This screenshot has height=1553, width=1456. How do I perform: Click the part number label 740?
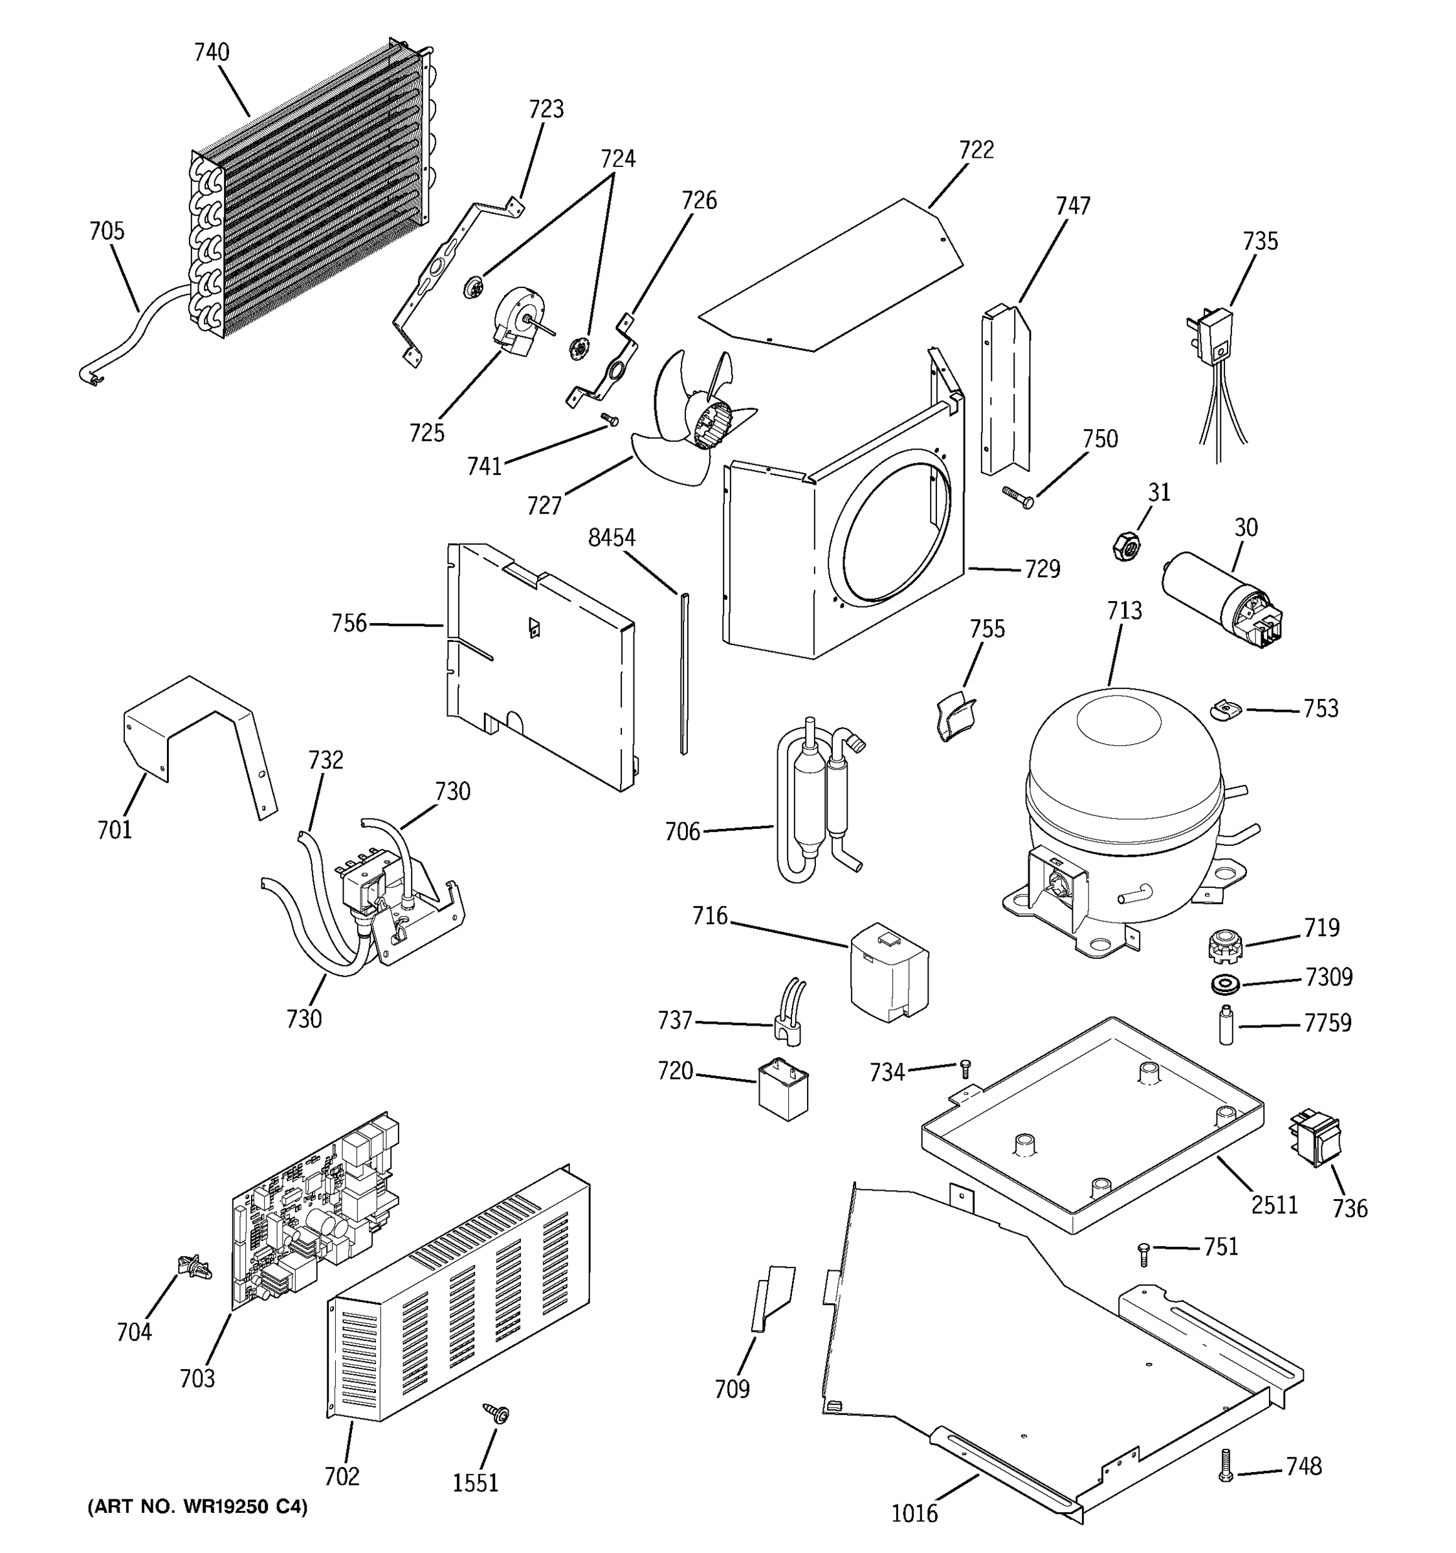(212, 52)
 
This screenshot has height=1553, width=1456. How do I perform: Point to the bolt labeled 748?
(1226, 1466)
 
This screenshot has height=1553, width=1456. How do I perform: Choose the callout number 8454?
(612, 538)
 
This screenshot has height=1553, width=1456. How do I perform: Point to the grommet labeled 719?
(1220, 947)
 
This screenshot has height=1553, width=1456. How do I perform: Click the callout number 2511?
(1275, 1206)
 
